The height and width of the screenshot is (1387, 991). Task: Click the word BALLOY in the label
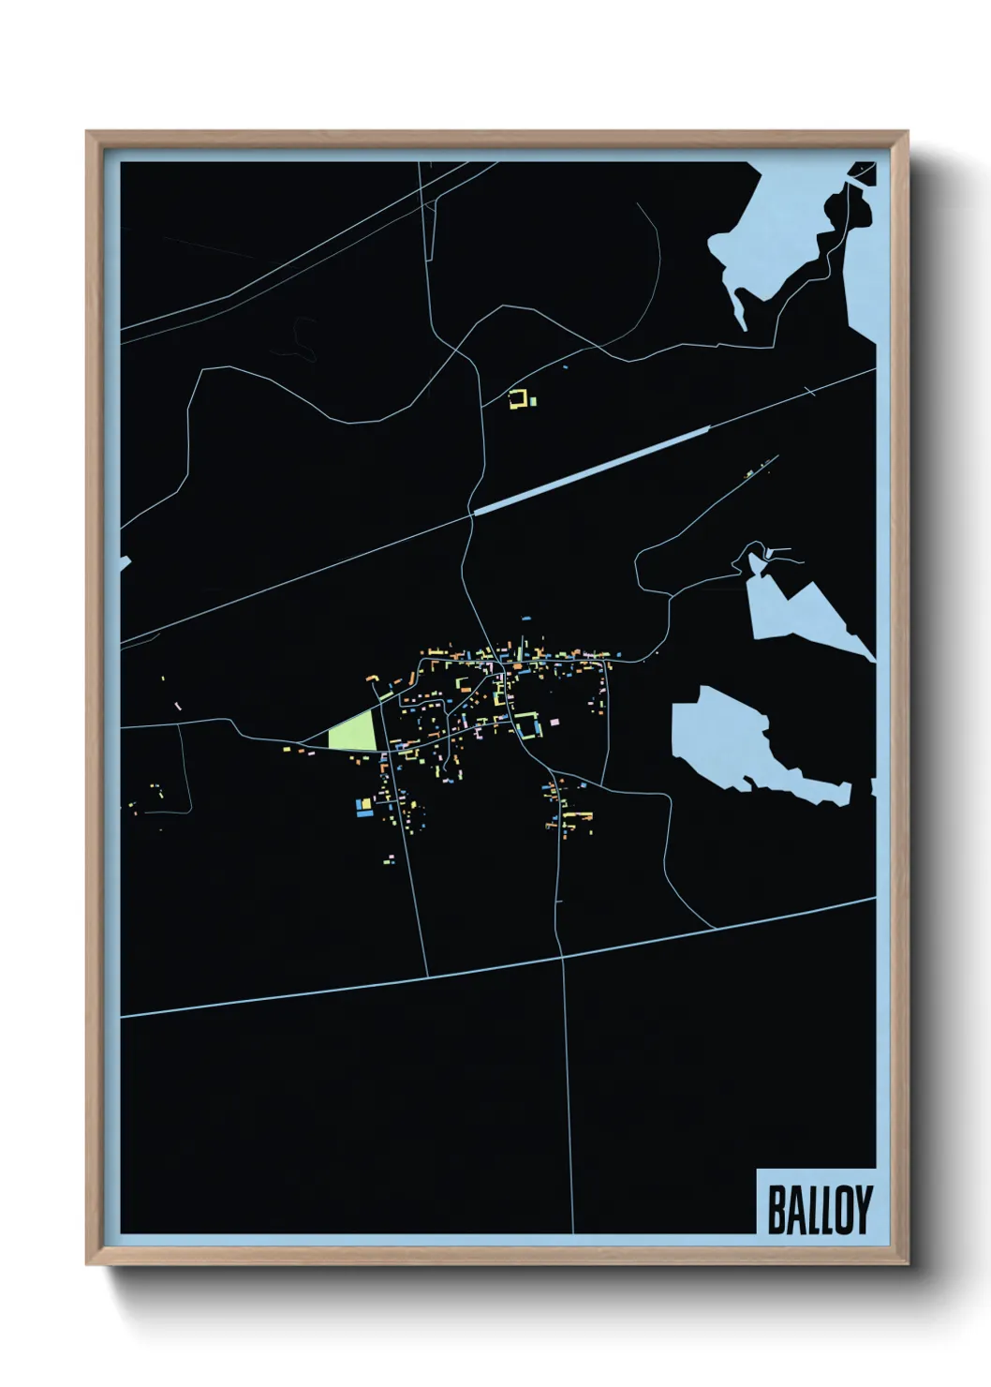pos(820,1209)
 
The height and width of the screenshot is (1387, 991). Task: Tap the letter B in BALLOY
pos(777,1209)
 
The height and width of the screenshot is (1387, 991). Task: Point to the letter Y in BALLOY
pos(863,1209)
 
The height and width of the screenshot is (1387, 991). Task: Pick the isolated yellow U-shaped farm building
pos(515,400)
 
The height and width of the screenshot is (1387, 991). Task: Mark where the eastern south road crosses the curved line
pos(561,957)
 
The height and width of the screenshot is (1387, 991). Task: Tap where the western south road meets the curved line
pos(426,976)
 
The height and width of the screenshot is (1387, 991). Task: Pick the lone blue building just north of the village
pos(526,619)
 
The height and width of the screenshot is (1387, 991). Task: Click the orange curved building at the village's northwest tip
pos(372,677)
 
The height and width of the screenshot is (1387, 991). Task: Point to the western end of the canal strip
pos(477,512)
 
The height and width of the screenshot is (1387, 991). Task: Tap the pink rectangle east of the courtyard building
pos(554,722)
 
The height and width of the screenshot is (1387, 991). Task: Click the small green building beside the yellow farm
pos(533,401)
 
